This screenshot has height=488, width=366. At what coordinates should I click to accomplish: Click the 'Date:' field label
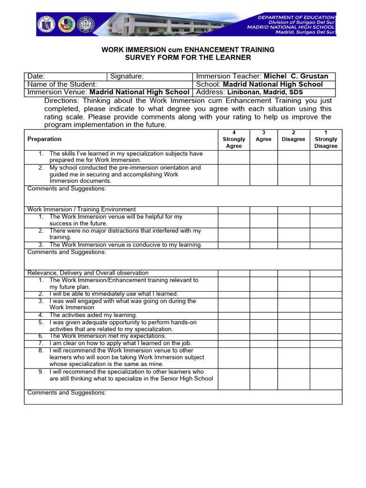click(x=36, y=76)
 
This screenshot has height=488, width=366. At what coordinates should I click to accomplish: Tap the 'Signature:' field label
click(x=127, y=76)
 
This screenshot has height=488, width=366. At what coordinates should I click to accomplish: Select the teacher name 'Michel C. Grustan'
click(x=296, y=76)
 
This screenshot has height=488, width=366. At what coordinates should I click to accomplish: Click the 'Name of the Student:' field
click(x=62, y=84)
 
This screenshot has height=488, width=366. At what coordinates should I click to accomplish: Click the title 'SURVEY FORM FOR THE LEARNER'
click(x=187, y=58)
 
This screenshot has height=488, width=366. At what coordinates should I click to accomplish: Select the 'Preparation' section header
click(x=44, y=139)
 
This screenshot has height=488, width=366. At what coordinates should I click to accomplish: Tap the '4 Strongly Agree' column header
click(x=234, y=139)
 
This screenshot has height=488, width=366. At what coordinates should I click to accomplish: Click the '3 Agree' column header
click(x=263, y=136)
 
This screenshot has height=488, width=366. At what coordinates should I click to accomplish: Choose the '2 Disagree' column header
click(x=293, y=136)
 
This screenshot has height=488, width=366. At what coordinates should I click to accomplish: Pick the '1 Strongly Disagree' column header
click(x=325, y=139)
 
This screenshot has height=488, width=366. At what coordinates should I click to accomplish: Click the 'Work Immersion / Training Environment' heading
click(x=81, y=210)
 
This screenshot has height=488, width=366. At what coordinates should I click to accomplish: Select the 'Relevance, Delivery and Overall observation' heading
click(x=88, y=273)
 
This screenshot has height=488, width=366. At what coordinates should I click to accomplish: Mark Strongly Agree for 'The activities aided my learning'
click(x=234, y=315)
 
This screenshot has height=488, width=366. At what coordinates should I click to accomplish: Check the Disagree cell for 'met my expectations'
click(x=293, y=336)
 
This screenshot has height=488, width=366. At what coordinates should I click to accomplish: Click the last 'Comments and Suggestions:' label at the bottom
click(x=67, y=393)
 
